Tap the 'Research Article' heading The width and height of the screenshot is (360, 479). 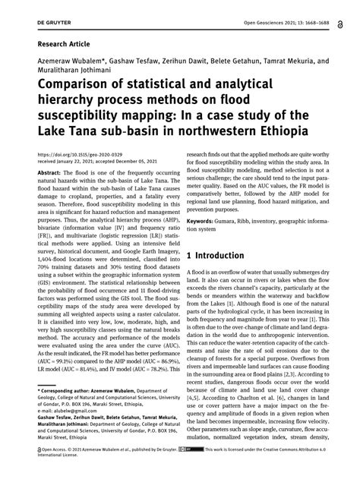click(59, 45)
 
